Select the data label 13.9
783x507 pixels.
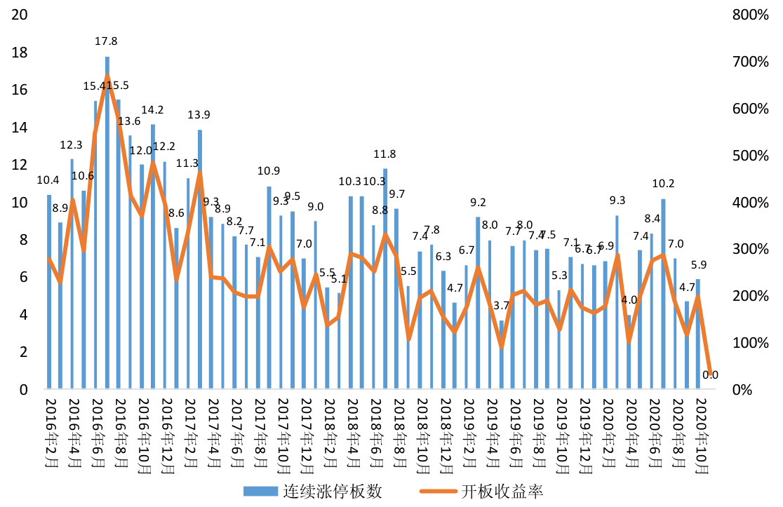click(200, 114)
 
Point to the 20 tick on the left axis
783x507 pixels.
click(20, 15)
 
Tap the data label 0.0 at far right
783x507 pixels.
click(710, 375)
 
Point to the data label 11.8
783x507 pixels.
click(385, 154)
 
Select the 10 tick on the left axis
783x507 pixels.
click(20, 203)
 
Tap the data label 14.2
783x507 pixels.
click(152, 109)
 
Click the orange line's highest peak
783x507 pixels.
click(107, 76)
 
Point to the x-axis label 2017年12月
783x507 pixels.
click(306, 431)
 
